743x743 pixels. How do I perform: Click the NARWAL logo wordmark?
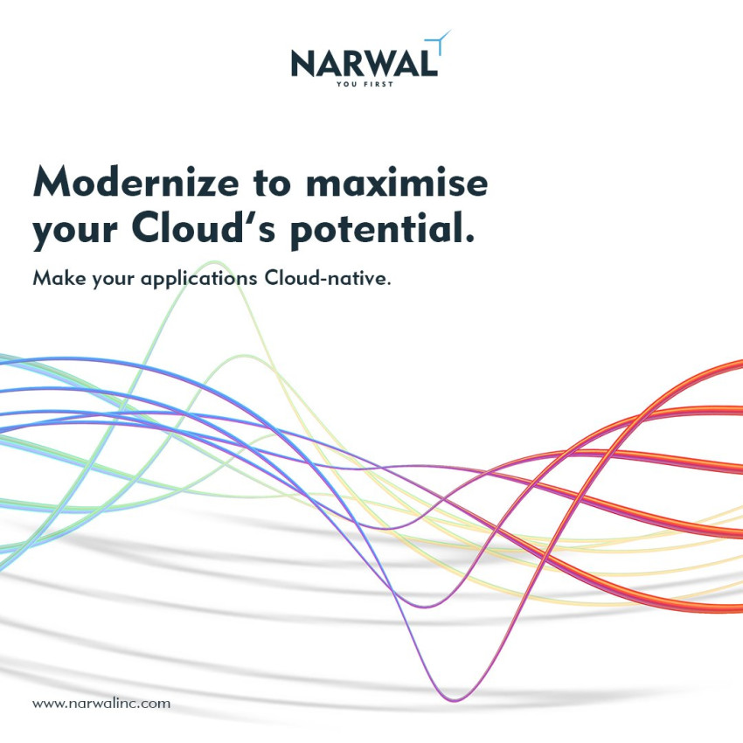pyautogui.click(x=362, y=63)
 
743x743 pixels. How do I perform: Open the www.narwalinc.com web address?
pyautogui.click(x=101, y=703)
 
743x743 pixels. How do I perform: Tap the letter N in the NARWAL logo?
pyautogui.click(x=304, y=63)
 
